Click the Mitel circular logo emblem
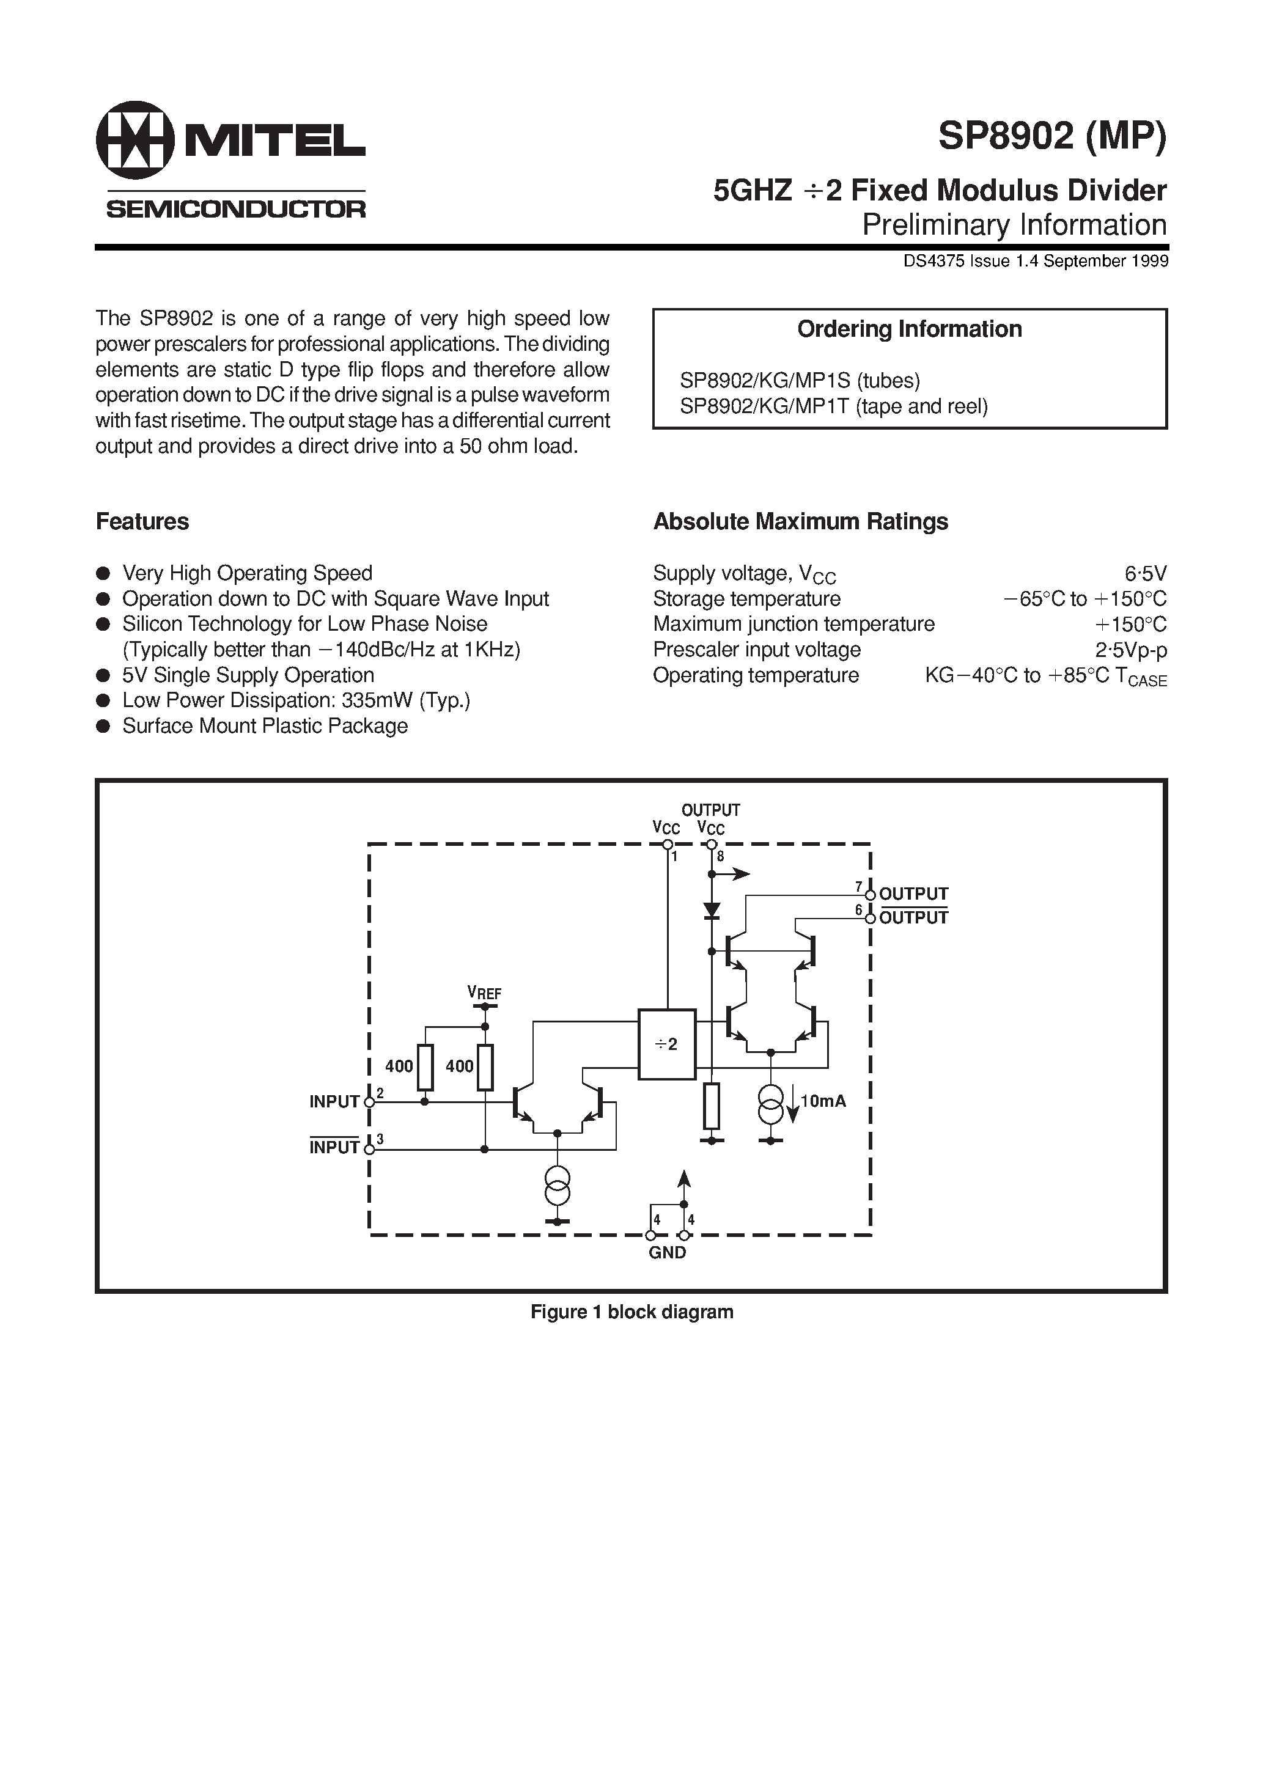pos(134,140)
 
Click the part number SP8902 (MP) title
pos(1052,137)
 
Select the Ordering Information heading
pos(908,329)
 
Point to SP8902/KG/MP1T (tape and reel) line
pos(833,406)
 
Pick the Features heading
pos(142,521)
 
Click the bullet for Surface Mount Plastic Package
pos(103,726)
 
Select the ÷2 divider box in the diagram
pos(666,1044)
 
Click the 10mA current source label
pos(822,1101)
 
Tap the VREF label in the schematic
pos(484,993)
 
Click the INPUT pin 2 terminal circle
pos(369,1102)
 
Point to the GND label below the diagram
pos(668,1252)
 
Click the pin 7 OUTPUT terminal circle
pos(871,894)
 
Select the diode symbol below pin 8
pos(711,909)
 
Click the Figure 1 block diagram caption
pos(631,1312)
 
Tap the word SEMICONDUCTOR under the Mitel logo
pos(235,208)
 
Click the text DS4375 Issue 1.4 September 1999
pos(1035,262)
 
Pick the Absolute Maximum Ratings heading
pos(800,521)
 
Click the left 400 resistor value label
pos(399,1066)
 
